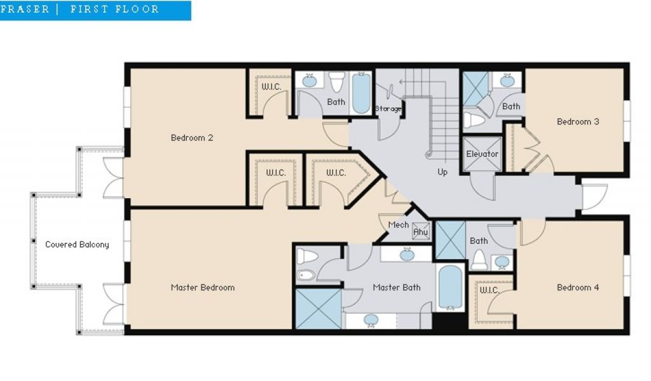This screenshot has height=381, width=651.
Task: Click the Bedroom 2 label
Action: tap(192, 138)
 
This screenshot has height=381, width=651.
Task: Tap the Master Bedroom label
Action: tap(203, 287)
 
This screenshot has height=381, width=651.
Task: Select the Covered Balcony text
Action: tap(77, 244)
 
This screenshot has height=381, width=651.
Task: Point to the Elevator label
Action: tap(482, 154)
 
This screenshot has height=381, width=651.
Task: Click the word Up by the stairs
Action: tap(442, 172)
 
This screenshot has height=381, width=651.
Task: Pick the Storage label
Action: tap(388, 109)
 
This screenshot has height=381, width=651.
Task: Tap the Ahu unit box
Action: tap(421, 232)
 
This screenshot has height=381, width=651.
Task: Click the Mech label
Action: tap(399, 225)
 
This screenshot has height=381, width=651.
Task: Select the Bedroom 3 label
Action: tap(578, 121)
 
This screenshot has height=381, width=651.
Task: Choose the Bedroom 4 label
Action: tap(578, 287)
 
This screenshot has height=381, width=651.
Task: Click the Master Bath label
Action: tap(397, 287)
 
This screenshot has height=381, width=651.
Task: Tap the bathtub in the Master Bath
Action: tap(451, 287)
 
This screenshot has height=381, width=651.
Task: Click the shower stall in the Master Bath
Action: tap(319, 309)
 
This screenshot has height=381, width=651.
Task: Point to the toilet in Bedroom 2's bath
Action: tap(337, 82)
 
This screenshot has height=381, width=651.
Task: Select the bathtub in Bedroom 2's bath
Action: tap(361, 93)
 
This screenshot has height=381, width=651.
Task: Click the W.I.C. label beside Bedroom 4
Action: tap(490, 290)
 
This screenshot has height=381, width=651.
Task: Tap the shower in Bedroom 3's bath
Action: tap(476, 89)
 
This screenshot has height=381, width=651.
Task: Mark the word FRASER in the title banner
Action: tap(25, 9)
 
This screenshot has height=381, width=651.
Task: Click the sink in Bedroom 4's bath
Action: tap(502, 262)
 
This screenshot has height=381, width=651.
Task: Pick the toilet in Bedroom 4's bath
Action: tap(479, 260)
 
